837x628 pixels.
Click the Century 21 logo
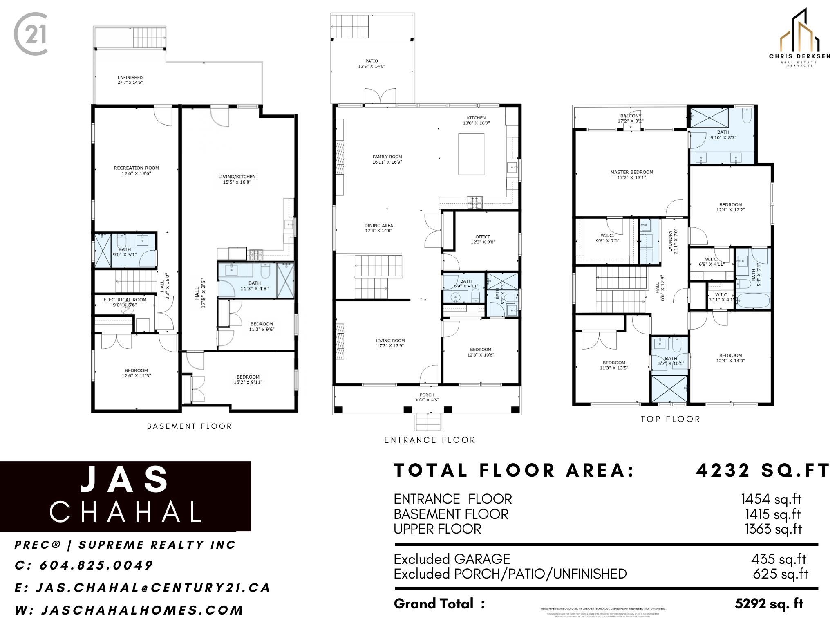coord(31,34)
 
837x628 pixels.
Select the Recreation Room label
coord(137,168)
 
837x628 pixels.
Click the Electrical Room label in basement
coord(125,300)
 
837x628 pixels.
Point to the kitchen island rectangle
coord(471,154)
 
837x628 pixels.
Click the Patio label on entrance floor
coord(372,61)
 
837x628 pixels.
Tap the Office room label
coord(483,237)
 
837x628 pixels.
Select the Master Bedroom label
coord(631,172)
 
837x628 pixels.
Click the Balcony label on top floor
coord(631,116)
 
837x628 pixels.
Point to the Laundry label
coord(670,241)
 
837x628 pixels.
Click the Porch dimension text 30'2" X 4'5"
coord(427,400)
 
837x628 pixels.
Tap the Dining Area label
coord(378,226)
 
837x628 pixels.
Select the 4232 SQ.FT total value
coord(763,471)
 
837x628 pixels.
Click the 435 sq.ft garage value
coord(778,559)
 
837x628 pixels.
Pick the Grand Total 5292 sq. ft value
coord(769,603)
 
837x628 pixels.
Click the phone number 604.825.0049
coord(96,565)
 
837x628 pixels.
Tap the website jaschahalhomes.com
coord(142,610)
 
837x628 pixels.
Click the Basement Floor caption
coord(189,426)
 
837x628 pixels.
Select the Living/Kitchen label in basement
coord(237,177)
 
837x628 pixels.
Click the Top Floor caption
coord(670,419)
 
